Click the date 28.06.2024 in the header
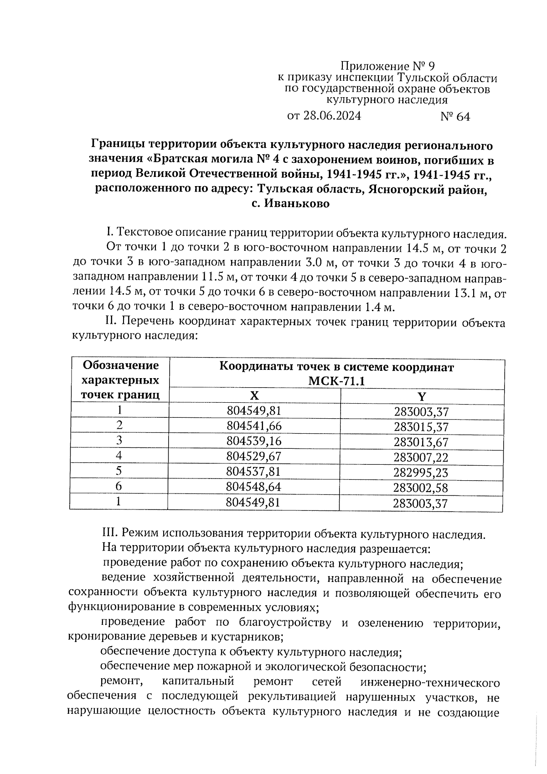[331, 116]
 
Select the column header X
[254, 395]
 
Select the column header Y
[422, 396]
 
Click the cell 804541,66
[254, 426]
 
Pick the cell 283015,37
[421, 427]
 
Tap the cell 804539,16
[254, 441]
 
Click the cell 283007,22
[421, 457]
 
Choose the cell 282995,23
[421, 473]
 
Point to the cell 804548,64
[254, 487]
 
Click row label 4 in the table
[119, 456]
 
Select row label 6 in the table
[119, 486]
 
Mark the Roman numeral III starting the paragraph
[108, 534]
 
